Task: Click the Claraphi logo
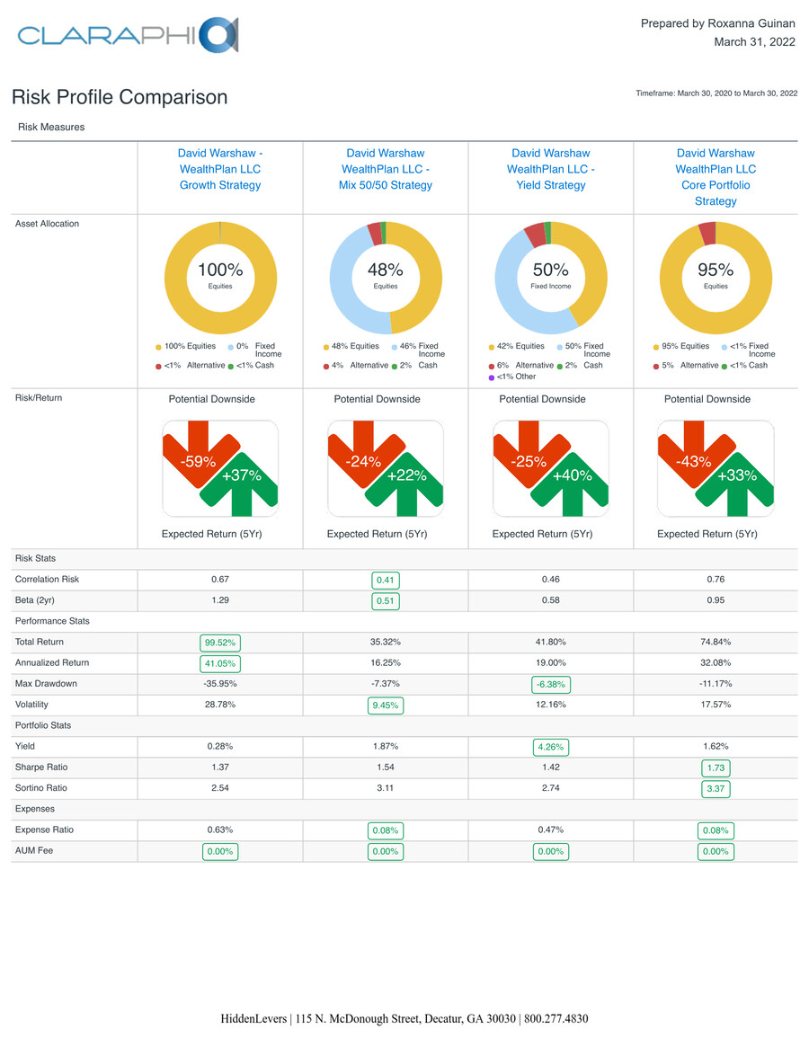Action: coord(127,35)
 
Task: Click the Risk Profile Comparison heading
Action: coord(120,97)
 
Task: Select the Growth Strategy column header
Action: coord(220,169)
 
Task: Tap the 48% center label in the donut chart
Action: coord(386,270)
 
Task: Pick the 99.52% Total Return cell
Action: coord(220,643)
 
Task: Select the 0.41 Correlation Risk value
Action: coord(386,581)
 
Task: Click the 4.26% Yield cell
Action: coord(550,747)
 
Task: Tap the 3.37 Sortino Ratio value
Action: coord(716,789)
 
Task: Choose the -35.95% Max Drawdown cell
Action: coord(220,684)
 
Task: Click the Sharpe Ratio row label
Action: coord(41,768)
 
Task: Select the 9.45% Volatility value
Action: coord(386,705)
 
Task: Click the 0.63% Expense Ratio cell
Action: coord(220,830)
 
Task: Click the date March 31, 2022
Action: coord(753,42)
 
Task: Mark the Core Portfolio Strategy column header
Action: coord(716,177)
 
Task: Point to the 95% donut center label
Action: coord(716,270)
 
